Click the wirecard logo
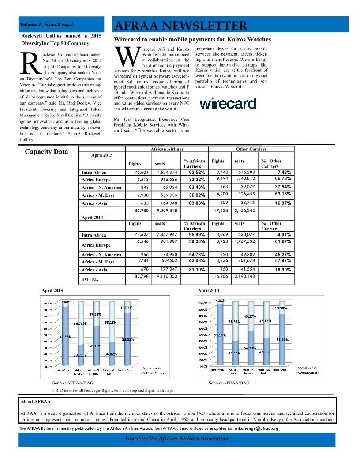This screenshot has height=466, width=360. [228, 103]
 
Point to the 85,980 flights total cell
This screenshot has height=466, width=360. [139, 210]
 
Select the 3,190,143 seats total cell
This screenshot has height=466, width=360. [244, 276]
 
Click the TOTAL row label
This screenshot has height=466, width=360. [90, 279]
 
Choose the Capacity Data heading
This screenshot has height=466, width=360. [46, 152]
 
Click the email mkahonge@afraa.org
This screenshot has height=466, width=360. [256, 428]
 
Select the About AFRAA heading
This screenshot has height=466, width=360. [36, 402]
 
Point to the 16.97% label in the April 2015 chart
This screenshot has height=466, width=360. [126, 308]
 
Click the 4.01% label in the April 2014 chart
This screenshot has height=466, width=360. [221, 301]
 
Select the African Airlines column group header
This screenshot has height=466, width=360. [167, 149]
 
